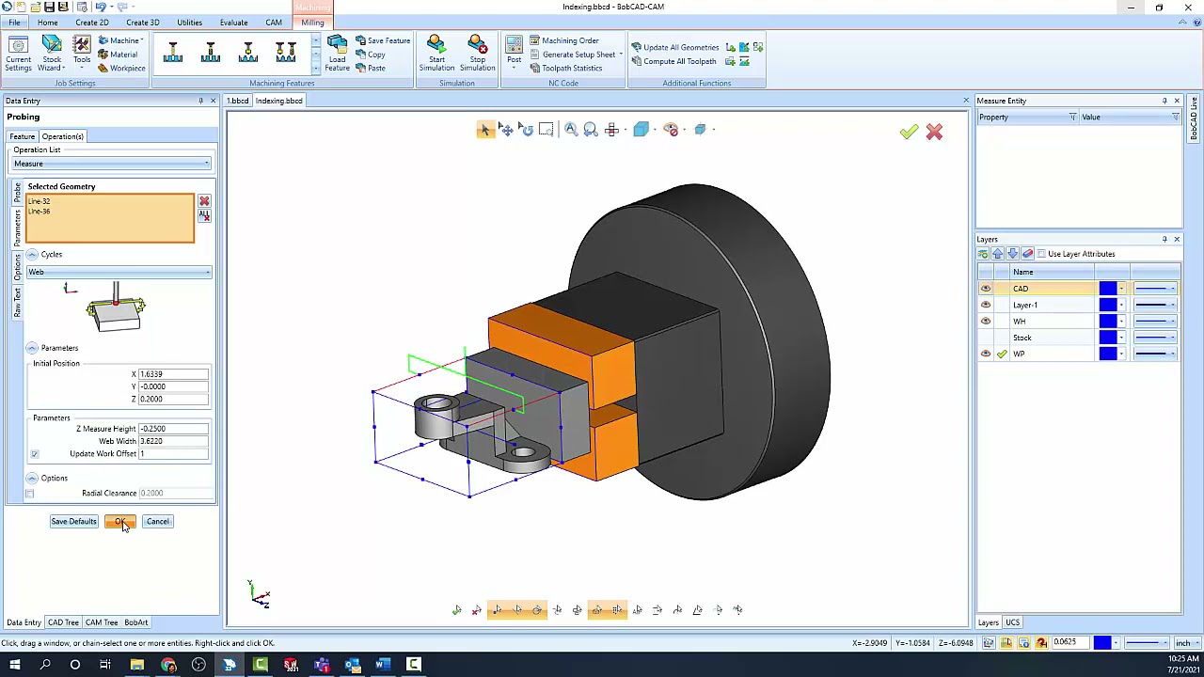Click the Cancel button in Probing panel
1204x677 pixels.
(157, 521)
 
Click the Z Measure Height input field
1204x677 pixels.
(173, 429)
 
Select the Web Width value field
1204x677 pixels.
(173, 441)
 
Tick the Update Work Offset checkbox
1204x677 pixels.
(34, 454)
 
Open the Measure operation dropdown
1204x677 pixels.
(111, 164)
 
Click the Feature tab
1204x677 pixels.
(22, 136)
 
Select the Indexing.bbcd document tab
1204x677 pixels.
(278, 101)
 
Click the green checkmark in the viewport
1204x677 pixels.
(908, 133)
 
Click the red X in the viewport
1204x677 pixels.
(934, 133)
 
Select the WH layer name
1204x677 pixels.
(1020, 322)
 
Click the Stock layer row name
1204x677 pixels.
(1022, 338)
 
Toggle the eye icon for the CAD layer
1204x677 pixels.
(986, 289)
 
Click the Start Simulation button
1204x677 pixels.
(436, 54)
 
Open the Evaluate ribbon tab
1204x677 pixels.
(233, 23)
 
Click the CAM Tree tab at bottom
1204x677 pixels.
(102, 622)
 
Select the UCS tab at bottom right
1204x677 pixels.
(1012, 622)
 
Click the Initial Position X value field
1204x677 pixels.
(173, 374)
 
